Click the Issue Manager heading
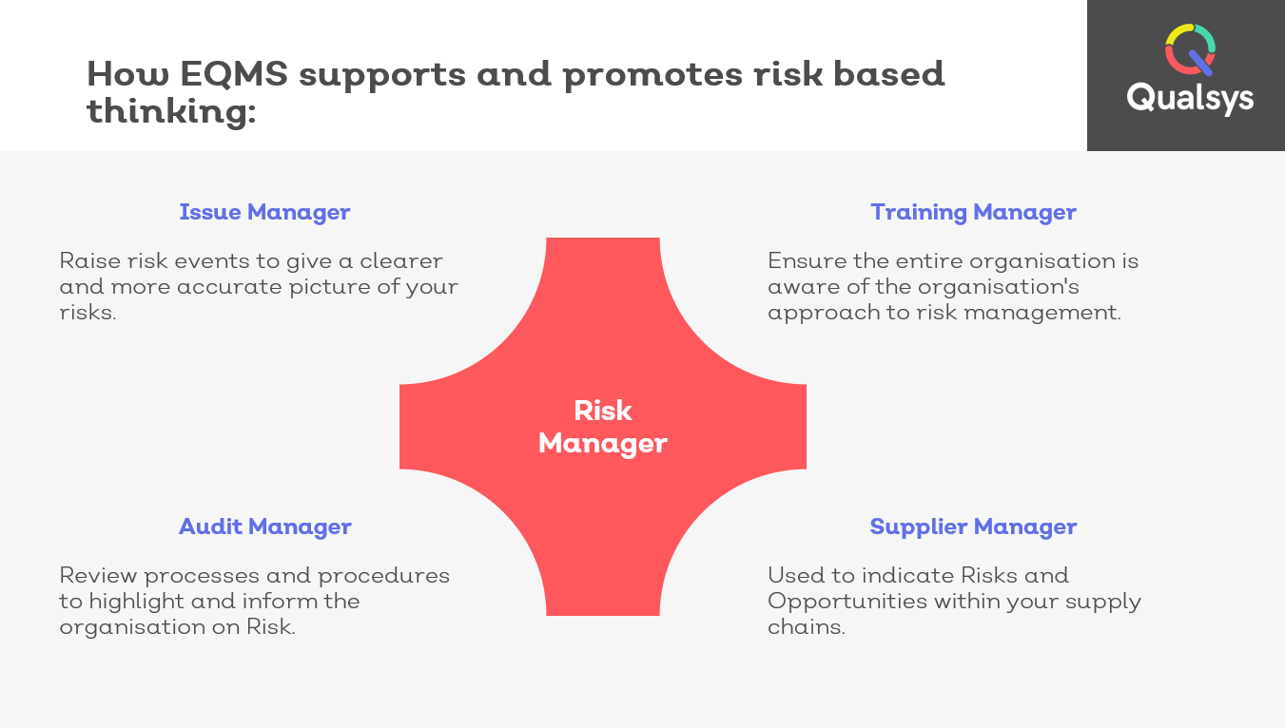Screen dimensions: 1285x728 tap(264, 213)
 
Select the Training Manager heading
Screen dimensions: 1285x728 tap(973, 213)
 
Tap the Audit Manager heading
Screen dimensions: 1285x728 tap(264, 527)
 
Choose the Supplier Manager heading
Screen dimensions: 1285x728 tap(973, 527)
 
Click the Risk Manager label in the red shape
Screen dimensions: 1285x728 tap(603, 427)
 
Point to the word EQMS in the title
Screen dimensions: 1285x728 tap(233, 74)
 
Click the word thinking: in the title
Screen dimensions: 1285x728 tap(171, 111)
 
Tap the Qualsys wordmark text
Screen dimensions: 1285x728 tap(1190, 98)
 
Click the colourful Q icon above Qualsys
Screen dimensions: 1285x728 tap(1190, 49)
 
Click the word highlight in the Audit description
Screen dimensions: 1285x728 tap(137, 602)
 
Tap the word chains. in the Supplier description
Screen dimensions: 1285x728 tap(806, 627)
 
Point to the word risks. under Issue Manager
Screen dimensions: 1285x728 tap(88, 313)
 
